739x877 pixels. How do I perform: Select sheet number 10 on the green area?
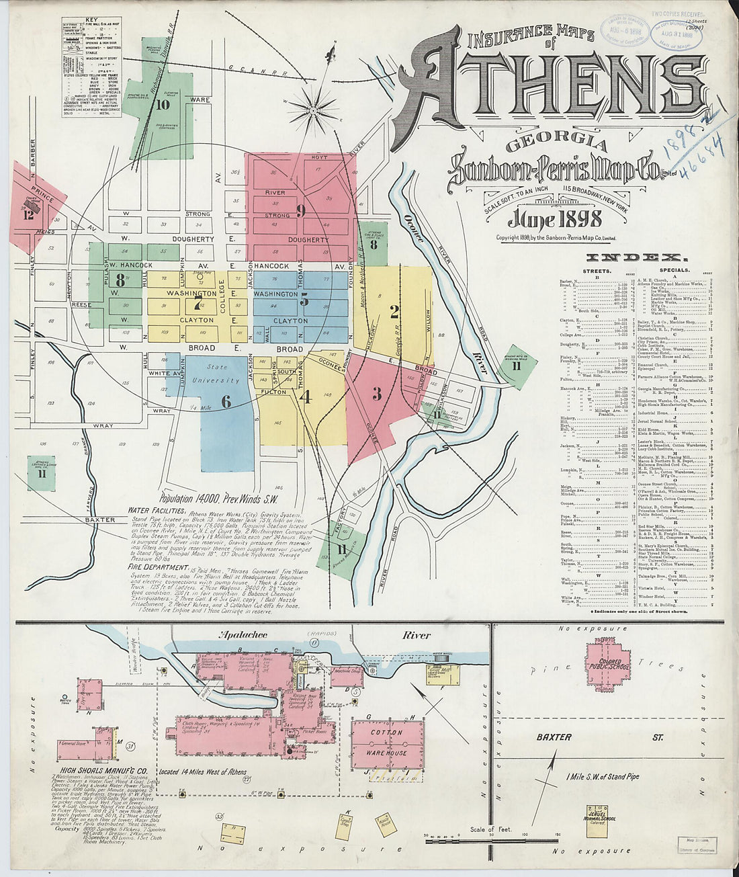163,104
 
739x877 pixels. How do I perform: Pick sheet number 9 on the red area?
300,210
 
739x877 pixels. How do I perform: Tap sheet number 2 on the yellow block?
395,310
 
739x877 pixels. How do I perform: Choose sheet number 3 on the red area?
377,394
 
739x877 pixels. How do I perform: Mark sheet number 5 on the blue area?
304,300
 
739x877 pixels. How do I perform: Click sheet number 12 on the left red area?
28,214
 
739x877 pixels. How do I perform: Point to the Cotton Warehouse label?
387,743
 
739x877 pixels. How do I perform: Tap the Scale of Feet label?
490,829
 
